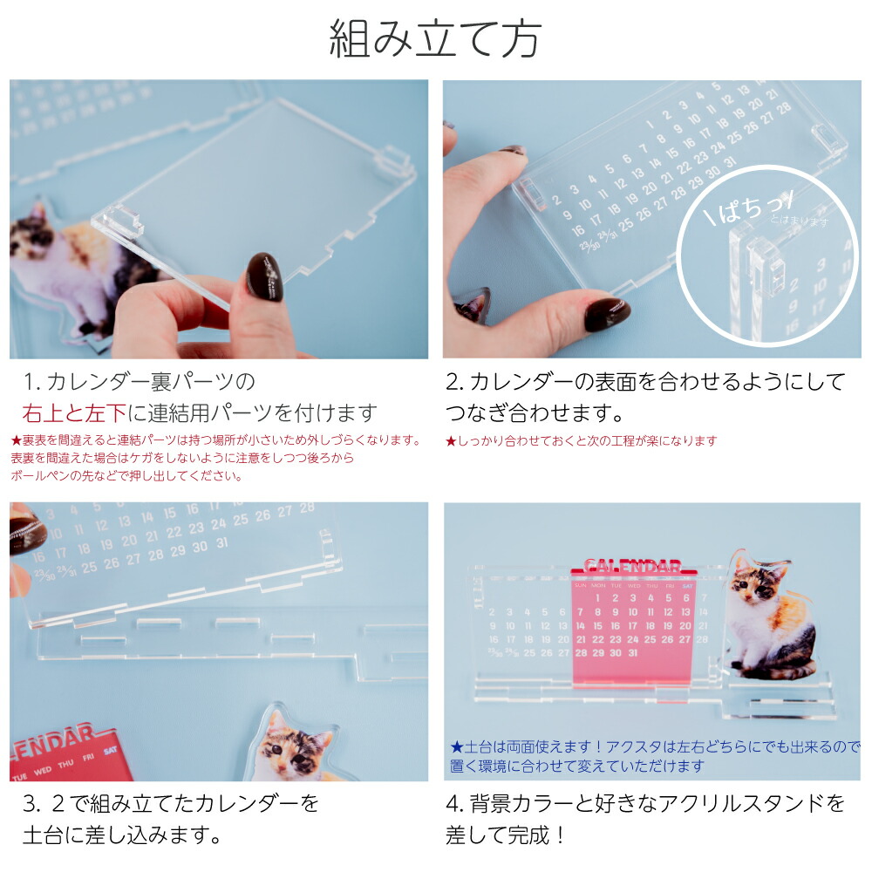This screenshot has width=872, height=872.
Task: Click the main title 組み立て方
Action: click(x=435, y=39)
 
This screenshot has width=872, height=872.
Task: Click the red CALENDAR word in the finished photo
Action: click(x=633, y=566)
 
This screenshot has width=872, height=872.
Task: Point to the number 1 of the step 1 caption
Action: click(x=30, y=382)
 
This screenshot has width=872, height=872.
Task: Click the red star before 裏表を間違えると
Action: click(x=16, y=440)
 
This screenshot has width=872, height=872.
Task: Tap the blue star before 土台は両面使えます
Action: click(x=456, y=747)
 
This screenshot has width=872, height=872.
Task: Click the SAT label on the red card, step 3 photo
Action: click(x=111, y=749)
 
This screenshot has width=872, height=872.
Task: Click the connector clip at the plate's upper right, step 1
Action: click(x=395, y=158)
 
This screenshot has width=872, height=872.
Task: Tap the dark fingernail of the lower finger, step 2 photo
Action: click(x=607, y=313)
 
